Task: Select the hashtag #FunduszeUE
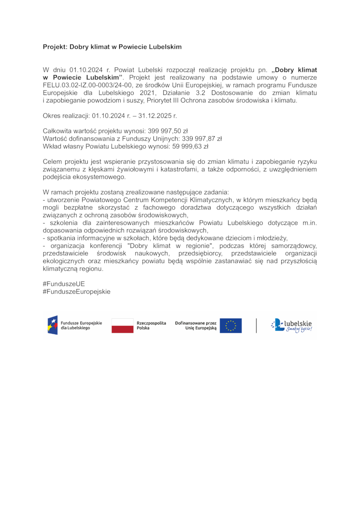click(63, 284)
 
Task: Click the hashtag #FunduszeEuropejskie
click(76, 292)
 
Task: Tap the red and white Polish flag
click(122, 325)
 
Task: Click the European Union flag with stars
click(230, 325)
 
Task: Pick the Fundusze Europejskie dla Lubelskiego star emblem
click(53, 325)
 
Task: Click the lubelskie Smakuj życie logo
click(292, 325)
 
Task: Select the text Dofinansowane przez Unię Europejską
click(196, 325)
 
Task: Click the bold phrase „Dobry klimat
click(295, 70)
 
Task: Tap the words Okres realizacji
click(66, 116)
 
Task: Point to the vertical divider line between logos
click(256, 325)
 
